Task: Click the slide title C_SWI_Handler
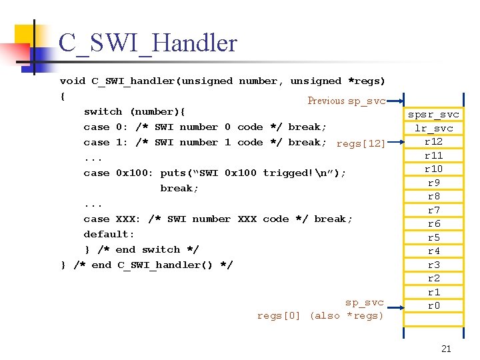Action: (147, 43)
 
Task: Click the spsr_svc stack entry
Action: (433, 115)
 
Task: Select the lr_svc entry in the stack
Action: (433, 128)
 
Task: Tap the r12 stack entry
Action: (433, 141)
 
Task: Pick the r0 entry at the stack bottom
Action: (433, 306)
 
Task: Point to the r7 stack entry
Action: (433, 210)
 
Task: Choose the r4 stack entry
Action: (433, 251)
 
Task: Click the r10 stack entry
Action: (433, 169)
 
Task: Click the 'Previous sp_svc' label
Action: (346, 101)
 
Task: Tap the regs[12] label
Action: (361, 143)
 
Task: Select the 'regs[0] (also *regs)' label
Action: (321, 315)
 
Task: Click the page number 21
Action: (446, 349)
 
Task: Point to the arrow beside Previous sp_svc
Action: (395, 102)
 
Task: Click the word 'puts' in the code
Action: (173, 173)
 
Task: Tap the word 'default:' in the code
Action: (109, 234)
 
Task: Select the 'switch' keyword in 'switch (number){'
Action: (103, 111)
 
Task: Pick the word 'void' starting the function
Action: (73, 81)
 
